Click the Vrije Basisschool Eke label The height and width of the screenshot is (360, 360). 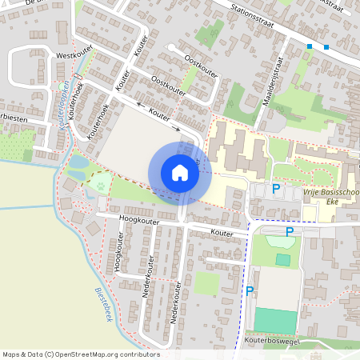(330, 198)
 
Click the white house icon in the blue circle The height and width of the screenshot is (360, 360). (180, 173)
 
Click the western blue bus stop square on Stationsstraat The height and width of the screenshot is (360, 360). (310, 47)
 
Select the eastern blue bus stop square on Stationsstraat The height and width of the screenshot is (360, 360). (326, 47)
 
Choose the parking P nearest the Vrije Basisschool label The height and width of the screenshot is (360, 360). (276, 189)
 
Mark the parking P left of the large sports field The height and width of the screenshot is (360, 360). (250, 290)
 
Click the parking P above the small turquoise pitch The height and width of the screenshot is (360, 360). (290, 231)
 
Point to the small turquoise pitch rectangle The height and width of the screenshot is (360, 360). (283, 259)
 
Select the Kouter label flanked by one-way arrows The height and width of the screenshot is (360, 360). (161, 115)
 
